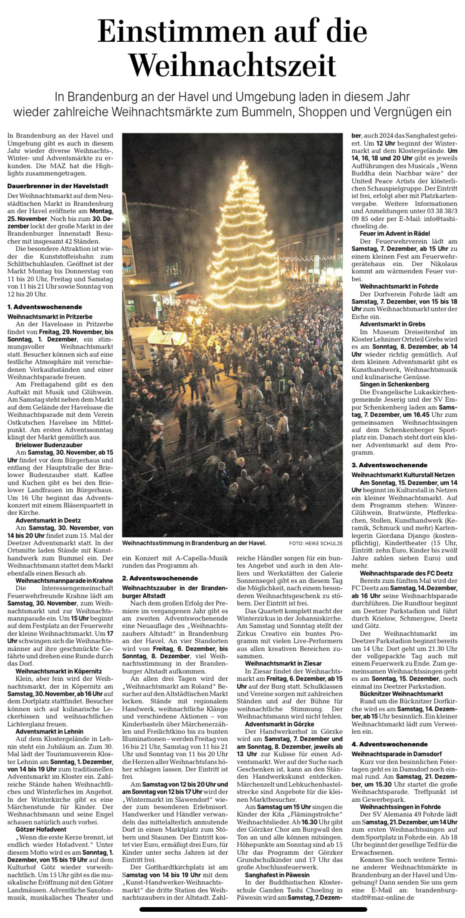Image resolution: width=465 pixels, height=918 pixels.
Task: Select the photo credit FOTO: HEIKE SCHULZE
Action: tap(316, 544)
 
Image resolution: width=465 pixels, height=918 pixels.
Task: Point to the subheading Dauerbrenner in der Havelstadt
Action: tap(58, 186)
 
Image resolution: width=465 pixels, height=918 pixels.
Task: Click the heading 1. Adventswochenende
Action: tap(45, 307)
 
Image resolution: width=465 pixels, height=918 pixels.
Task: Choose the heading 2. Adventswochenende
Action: tap(159, 578)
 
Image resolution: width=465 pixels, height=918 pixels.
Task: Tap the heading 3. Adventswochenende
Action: tap(389, 465)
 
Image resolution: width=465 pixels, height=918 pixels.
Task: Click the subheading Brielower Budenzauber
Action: tap(49, 445)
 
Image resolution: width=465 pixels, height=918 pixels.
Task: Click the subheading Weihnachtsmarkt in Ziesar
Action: tap(283, 663)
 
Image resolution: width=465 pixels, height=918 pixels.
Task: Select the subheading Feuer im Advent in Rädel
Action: tap(394, 233)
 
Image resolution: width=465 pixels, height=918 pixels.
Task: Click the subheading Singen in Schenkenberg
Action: tap(394, 384)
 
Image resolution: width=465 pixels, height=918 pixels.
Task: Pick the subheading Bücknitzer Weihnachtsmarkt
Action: tap(401, 694)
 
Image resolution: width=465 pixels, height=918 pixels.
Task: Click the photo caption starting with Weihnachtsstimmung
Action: tap(194, 543)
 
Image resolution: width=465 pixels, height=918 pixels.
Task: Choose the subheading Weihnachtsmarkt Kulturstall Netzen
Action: tap(403, 475)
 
